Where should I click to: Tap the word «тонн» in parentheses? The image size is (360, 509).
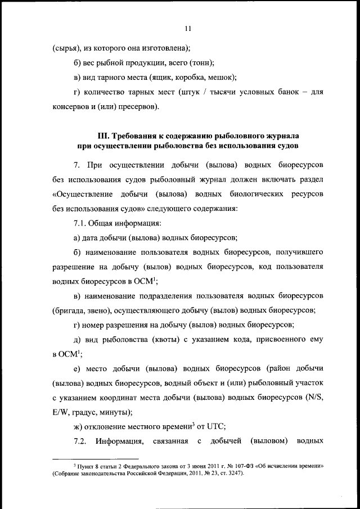point(201,64)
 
